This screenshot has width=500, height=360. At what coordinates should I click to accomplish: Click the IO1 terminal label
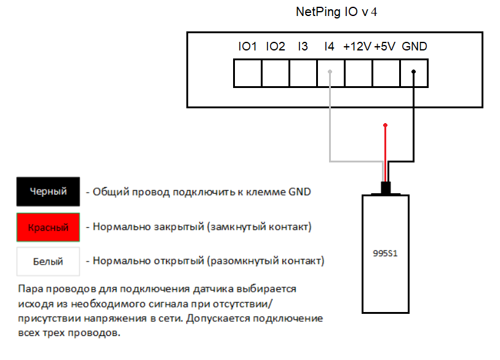coord(247,47)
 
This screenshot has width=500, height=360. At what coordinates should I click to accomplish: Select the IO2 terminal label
coord(276,47)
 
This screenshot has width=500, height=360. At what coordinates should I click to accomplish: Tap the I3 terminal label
coord(303,47)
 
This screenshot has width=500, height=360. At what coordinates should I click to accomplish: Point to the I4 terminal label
coord(329,47)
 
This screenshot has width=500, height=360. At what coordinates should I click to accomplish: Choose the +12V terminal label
coord(357,47)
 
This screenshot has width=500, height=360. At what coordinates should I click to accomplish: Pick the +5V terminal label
coord(384,47)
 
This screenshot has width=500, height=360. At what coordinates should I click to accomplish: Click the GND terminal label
coord(414,47)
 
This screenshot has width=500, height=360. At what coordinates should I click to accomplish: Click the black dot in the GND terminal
coord(414,72)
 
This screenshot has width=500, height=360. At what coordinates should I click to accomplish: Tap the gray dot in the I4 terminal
coord(330,72)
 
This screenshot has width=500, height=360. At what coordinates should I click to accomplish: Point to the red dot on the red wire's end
coord(386,126)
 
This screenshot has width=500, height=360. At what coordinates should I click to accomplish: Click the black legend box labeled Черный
coord(49,192)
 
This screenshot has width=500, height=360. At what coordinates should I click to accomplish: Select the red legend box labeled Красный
coord(49,227)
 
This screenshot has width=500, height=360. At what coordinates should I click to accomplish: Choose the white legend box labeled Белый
coord(49,262)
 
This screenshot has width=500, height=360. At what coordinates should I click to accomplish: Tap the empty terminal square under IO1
coord(247,73)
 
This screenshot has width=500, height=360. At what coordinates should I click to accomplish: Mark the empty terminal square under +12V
coord(359,73)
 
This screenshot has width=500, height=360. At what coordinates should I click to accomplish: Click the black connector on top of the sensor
coord(386,188)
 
